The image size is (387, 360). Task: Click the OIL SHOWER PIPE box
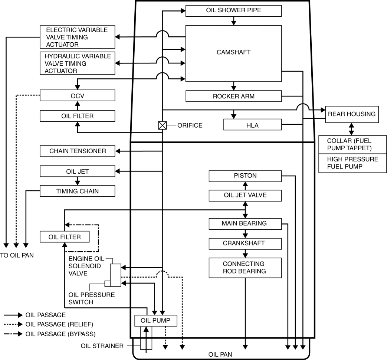click(x=233, y=10)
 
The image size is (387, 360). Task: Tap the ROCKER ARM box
click(x=233, y=96)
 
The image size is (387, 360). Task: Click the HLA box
click(x=252, y=125)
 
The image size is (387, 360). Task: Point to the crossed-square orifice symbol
click(x=163, y=125)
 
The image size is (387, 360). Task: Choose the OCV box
click(x=77, y=95)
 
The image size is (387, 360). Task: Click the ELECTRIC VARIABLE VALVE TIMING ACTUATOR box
click(x=77, y=37)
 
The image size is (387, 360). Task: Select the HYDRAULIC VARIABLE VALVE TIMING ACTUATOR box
click(x=77, y=63)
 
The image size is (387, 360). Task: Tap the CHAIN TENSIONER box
click(x=77, y=151)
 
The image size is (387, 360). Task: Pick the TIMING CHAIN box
click(x=77, y=191)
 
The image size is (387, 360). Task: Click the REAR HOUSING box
click(x=351, y=114)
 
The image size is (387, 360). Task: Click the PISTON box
click(x=245, y=176)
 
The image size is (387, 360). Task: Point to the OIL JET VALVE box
click(x=245, y=195)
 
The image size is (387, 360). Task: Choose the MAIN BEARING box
click(x=245, y=224)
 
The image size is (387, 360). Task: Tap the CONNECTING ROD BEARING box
click(x=245, y=268)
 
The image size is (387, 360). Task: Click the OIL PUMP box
click(x=155, y=320)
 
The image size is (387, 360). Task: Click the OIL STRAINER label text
click(x=102, y=346)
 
